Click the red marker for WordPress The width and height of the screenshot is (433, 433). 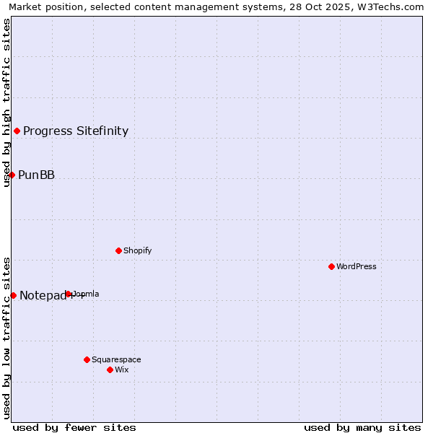331,266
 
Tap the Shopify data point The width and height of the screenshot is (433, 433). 118,250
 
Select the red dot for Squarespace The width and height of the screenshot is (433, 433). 87,359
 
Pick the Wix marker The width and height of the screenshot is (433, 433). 110,369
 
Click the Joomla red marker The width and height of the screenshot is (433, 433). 69,294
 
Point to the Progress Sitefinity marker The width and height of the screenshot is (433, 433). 17,131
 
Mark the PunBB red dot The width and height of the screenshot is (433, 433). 12,175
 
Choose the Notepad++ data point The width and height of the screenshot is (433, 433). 13,295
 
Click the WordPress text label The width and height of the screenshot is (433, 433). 356,266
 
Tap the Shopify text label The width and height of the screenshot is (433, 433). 137,250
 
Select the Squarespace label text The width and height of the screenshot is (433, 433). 116,359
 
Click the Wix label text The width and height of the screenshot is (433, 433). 122,369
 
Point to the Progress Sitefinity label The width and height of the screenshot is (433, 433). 76,131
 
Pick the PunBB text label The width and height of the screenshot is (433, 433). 36,175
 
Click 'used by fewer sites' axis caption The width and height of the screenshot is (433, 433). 74,427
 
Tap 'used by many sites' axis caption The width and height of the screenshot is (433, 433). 362,427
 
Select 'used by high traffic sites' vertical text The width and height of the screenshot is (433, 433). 6,102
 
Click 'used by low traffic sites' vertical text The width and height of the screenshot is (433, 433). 6,338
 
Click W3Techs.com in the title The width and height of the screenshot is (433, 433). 391,6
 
